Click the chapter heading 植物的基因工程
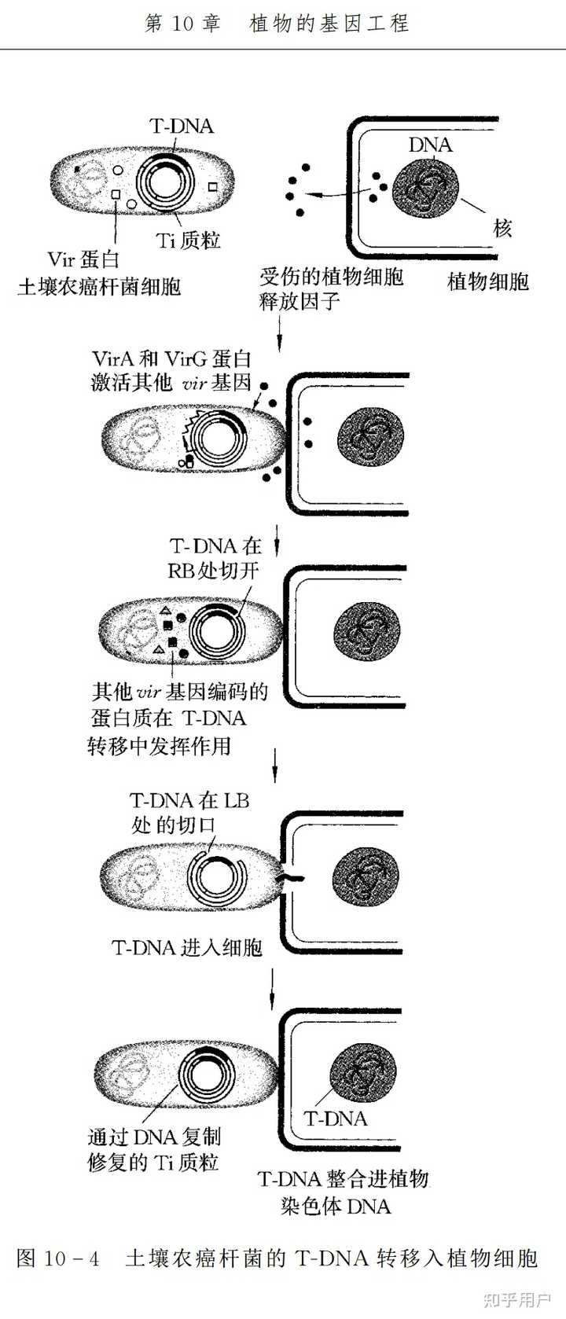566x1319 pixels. (329, 24)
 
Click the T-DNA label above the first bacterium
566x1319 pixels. (181, 126)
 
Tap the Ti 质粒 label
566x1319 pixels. (189, 241)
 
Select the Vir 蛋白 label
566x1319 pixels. (83, 259)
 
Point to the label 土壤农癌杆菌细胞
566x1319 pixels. (99, 286)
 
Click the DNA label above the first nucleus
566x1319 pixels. (430, 145)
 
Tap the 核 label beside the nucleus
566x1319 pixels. (502, 229)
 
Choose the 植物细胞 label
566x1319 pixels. (487, 281)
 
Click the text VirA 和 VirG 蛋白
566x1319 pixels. (171, 359)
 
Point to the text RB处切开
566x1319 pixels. (213, 570)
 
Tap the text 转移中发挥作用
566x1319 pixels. (159, 745)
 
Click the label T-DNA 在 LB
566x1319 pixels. (189, 801)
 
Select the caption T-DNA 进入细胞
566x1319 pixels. (187, 947)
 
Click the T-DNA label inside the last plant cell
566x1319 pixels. (335, 1118)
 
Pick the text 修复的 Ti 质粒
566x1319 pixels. (153, 1162)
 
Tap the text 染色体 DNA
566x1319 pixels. (336, 1206)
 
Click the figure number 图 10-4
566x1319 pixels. (58, 1258)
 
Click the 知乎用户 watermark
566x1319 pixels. (518, 1299)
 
